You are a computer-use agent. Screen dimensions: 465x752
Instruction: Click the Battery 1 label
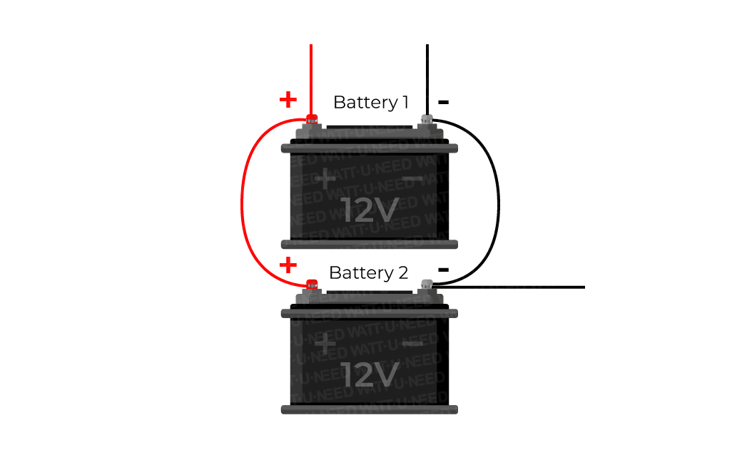click(x=370, y=102)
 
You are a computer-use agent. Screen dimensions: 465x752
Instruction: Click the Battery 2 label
click(x=368, y=272)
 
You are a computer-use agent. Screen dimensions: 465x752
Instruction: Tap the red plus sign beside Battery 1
click(x=288, y=99)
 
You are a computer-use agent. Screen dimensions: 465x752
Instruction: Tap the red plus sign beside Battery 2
click(x=288, y=266)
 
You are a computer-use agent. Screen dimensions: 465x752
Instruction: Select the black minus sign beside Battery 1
click(x=443, y=102)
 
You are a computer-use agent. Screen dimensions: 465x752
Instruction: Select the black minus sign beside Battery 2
click(x=443, y=270)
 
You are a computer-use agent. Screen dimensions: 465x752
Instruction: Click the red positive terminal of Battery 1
click(x=311, y=118)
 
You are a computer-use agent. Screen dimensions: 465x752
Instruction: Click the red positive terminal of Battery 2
click(x=311, y=284)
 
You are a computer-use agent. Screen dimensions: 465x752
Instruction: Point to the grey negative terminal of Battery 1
click(x=427, y=118)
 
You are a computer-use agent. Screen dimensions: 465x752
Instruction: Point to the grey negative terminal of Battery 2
click(x=427, y=284)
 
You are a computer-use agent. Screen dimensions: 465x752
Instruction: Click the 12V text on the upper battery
click(x=369, y=210)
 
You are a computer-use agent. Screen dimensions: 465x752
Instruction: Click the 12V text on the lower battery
click(x=369, y=374)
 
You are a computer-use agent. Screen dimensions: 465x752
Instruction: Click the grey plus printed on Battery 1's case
click(x=325, y=179)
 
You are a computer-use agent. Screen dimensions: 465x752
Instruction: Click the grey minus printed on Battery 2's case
click(x=412, y=344)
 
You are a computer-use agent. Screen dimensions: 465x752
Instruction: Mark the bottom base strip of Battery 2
click(x=369, y=409)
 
